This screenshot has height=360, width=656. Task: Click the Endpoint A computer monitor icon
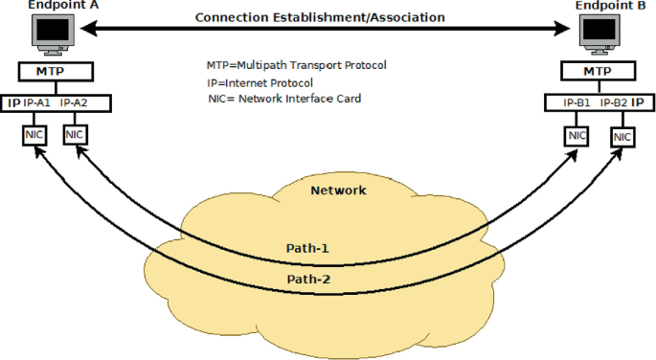click(52, 33)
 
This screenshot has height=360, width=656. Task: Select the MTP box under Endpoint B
click(598, 72)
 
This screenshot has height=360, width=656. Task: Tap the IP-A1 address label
click(36, 101)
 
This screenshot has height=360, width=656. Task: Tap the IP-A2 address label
click(75, 101)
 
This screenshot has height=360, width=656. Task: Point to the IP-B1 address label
click(577, 101)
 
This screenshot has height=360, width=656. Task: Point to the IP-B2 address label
click(614, 101)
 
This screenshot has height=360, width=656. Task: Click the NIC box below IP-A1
click(34, 135)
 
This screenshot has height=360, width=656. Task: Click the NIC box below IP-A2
click(75, 135)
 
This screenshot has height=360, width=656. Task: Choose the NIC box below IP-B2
click(622, 137)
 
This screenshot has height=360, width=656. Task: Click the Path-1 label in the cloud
click(307, 249)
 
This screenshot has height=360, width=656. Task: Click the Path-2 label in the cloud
click(307, 280)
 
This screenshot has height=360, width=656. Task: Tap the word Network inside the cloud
click(338, 191)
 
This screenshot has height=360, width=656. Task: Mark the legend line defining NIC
click(284, 99)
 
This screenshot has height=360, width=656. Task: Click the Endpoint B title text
click(608, 6)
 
